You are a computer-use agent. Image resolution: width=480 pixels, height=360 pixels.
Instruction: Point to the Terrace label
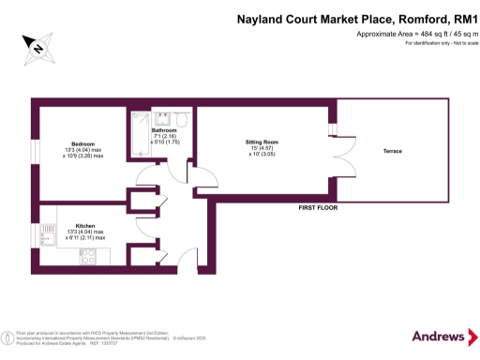(x=393, y=152)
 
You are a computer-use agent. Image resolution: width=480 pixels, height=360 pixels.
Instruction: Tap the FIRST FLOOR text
(x=317, y=206)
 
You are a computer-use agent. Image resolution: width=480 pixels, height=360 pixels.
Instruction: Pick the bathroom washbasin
(x=160, y=118)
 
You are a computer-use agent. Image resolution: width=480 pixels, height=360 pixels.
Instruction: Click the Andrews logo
(x=438, y=336)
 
